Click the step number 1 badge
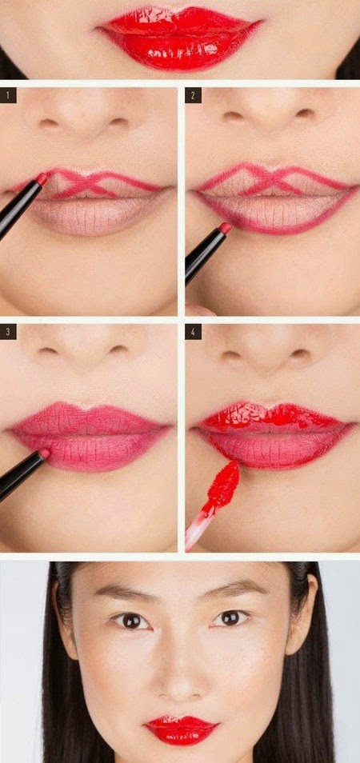tap(10, 96)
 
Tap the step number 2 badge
tap(193, 96)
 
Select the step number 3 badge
tap(10, 332)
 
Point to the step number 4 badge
tap(193, 332)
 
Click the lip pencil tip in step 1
tap(41, 178)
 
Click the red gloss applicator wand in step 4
tap(223, 483)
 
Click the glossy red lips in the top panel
tap(179, 36)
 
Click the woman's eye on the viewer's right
tap(230, 617)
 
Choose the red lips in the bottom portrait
tap(181, 729)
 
